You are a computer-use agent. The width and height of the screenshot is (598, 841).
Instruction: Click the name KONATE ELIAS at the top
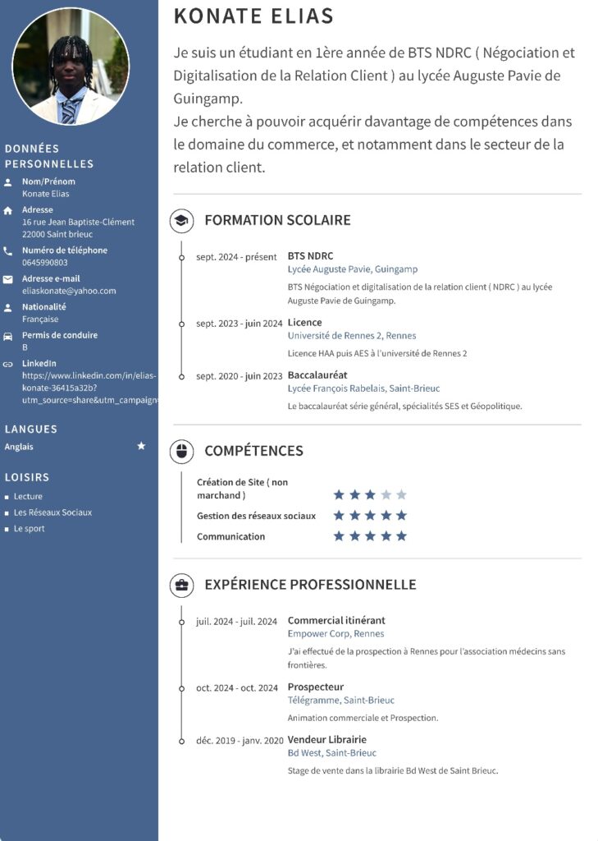click(x=254, y=16)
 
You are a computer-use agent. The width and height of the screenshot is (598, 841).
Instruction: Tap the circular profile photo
click(x=71, y=67)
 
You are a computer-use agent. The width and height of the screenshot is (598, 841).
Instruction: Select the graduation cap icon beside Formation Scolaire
click(x=181, y=220)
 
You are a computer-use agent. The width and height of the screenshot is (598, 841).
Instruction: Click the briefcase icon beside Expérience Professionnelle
click(x=181, y=585)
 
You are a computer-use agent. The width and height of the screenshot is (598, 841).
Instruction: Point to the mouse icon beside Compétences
click(x=181, y=451)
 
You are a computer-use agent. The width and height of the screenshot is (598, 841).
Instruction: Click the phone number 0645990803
click(x=45, y=263)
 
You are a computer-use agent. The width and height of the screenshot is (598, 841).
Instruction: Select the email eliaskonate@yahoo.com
click(x=69, y=291)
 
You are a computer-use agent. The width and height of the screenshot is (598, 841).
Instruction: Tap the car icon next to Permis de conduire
click(x=8, y=336)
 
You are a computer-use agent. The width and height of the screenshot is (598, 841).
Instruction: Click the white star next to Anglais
click(x=141, y=446)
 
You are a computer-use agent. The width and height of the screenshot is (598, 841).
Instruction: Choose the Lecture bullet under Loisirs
click(x=28, y=497)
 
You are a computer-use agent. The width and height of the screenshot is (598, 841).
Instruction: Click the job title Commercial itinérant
click(x=336, y=621)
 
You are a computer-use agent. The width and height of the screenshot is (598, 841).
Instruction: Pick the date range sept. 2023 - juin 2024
click(x=239, y=324)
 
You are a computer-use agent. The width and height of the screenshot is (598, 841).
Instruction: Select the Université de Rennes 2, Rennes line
click(x=351, y=336)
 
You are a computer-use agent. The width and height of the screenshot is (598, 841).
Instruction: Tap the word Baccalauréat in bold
click(x=317, y=375)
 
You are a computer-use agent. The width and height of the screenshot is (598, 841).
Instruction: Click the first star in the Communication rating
click(x=339, y=536)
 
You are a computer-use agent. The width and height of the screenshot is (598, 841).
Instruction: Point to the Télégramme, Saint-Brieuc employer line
click(x=340, y=701)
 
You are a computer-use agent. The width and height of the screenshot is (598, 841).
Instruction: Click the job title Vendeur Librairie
click(x=326, y=740)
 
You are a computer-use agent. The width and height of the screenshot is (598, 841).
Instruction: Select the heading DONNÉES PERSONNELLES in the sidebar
click(x=49, y=156)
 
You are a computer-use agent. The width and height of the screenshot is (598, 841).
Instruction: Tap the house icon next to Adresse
click(x=8, y=211)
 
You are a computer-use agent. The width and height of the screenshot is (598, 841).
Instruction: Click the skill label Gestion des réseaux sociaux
click(x=256, y=516)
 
